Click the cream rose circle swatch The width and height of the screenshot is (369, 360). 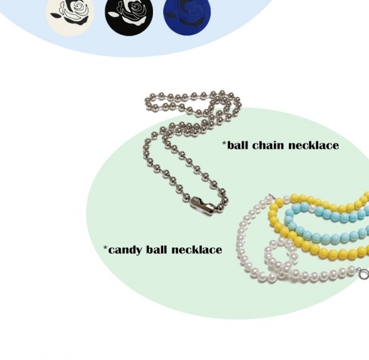(x=70, y=15)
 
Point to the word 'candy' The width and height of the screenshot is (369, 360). (x=125, y=250)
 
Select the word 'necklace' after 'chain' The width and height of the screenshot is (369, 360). (x=313, y=145)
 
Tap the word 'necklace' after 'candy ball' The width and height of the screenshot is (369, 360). (x=197, y=249)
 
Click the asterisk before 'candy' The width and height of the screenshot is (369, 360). (x=105, y=247)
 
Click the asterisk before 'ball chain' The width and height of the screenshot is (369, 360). (x=225, y=143)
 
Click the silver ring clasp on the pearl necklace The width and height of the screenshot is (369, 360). (x=364, y=274)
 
